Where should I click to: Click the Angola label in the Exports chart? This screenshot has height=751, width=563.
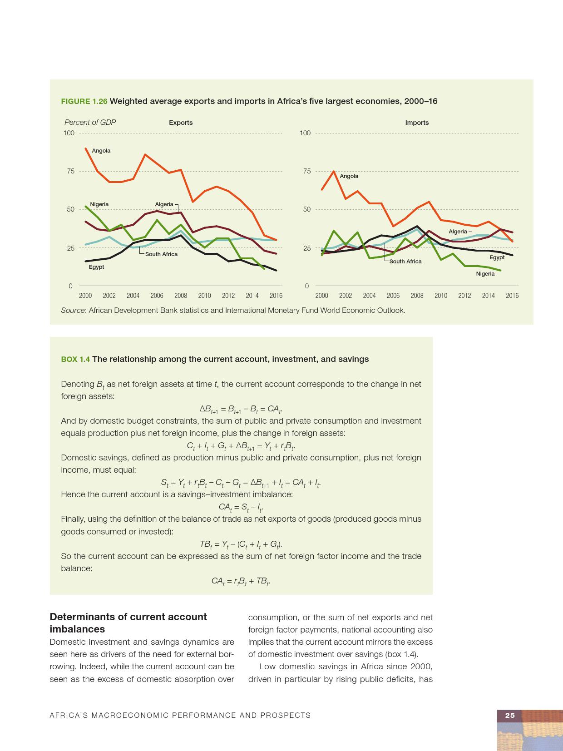(x=101, y=151)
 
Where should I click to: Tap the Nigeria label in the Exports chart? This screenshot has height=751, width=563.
(x=99, y=204)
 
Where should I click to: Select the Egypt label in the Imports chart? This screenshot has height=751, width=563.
(x=497, y=257)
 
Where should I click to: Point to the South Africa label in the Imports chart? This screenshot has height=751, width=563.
(x=405, y=262)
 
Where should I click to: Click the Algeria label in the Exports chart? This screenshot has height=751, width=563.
(x=164, y=204)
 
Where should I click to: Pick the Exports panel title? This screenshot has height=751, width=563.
(x=181, y=123)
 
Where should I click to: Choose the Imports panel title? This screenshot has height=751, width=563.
(x=417, y=123)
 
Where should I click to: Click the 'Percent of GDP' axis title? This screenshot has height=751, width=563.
(x=90, y=122)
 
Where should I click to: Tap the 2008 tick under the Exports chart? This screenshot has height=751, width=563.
(x=181, y=296)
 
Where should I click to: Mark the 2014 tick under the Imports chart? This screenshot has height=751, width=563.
(x=488, y=296)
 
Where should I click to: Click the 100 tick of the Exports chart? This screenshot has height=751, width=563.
(x=69, y=133)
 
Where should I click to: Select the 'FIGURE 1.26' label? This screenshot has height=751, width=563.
(x=84, y=101)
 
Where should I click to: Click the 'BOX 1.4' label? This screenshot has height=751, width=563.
(x=75, y=359)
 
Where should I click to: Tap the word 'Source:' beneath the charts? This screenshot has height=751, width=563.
(x=74, y=311)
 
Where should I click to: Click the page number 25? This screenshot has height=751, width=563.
(x=510, y=715)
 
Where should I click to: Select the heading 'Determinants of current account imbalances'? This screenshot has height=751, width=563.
(x=128, y=623)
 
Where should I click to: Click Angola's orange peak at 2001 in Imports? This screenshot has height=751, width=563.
(x=334, y=171)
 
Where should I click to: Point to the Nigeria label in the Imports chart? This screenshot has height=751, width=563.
(x=485, y=274)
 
